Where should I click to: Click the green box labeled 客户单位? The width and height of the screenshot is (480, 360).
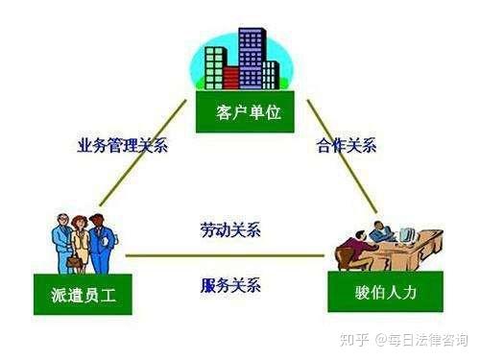(239, 113)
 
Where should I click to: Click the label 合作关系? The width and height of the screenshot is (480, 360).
(346, 147)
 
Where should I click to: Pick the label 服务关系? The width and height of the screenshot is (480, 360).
(230, 285)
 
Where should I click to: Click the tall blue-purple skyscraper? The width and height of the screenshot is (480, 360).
(252, 53)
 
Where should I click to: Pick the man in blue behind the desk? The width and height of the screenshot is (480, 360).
(381, 234)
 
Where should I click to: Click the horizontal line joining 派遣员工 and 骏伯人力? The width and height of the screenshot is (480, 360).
(226, 256)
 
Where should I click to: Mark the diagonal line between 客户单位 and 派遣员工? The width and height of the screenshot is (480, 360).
(144, 154)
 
